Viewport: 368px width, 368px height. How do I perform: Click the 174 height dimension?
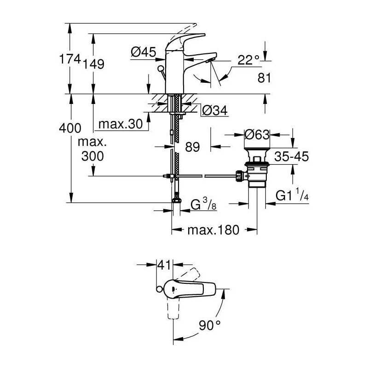tap(70, 59)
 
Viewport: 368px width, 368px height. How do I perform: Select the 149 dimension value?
tap(93, 64)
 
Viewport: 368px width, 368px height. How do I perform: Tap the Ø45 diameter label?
tap(144, 52)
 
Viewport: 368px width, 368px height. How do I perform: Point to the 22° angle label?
tap(248, 60)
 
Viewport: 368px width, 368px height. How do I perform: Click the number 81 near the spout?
tap(264, 78)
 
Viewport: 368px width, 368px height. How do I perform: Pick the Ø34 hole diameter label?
tap(215, 110)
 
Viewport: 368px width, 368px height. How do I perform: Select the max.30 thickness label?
tap(121, 124)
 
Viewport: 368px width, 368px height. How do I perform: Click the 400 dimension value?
tap(70, 128)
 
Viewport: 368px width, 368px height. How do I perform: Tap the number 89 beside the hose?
tap(192, 147)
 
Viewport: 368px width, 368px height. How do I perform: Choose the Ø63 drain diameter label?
tap(257, 135)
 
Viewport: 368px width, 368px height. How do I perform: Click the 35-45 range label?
tap(292, 156)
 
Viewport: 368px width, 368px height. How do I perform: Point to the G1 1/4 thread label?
tap(292, 195)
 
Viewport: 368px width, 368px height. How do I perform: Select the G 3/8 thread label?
tap(203, 204)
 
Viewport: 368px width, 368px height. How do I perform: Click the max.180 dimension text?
tap(213, 230)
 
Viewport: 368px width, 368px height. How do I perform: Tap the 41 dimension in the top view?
tap(164, 265)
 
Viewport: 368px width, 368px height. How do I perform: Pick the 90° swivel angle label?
tap(210, 325)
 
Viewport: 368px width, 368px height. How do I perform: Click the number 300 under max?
tap(92, 156)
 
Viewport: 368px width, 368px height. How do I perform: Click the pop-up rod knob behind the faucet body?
tap(161, 69)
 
